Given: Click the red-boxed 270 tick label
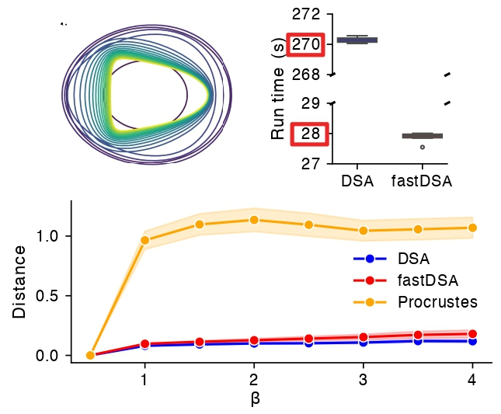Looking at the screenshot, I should (306, 45).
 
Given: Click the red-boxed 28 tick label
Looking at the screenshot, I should (310, 134).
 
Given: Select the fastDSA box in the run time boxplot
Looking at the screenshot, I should (423, 135).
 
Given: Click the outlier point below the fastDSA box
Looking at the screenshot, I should (423, 147).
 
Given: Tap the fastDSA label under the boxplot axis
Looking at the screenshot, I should (423, 182).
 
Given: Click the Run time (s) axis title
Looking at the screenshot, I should (278, 89).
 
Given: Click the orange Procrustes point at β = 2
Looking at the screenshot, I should (254, 220).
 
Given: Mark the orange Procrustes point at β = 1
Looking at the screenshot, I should (144, 240).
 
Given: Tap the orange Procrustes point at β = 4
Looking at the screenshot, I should (472, 228).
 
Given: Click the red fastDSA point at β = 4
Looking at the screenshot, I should (472, 334).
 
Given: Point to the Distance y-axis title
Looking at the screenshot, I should (19, 281).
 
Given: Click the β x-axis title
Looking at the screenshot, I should (255, 399).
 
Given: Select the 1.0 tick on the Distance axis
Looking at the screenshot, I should (48, 236).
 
